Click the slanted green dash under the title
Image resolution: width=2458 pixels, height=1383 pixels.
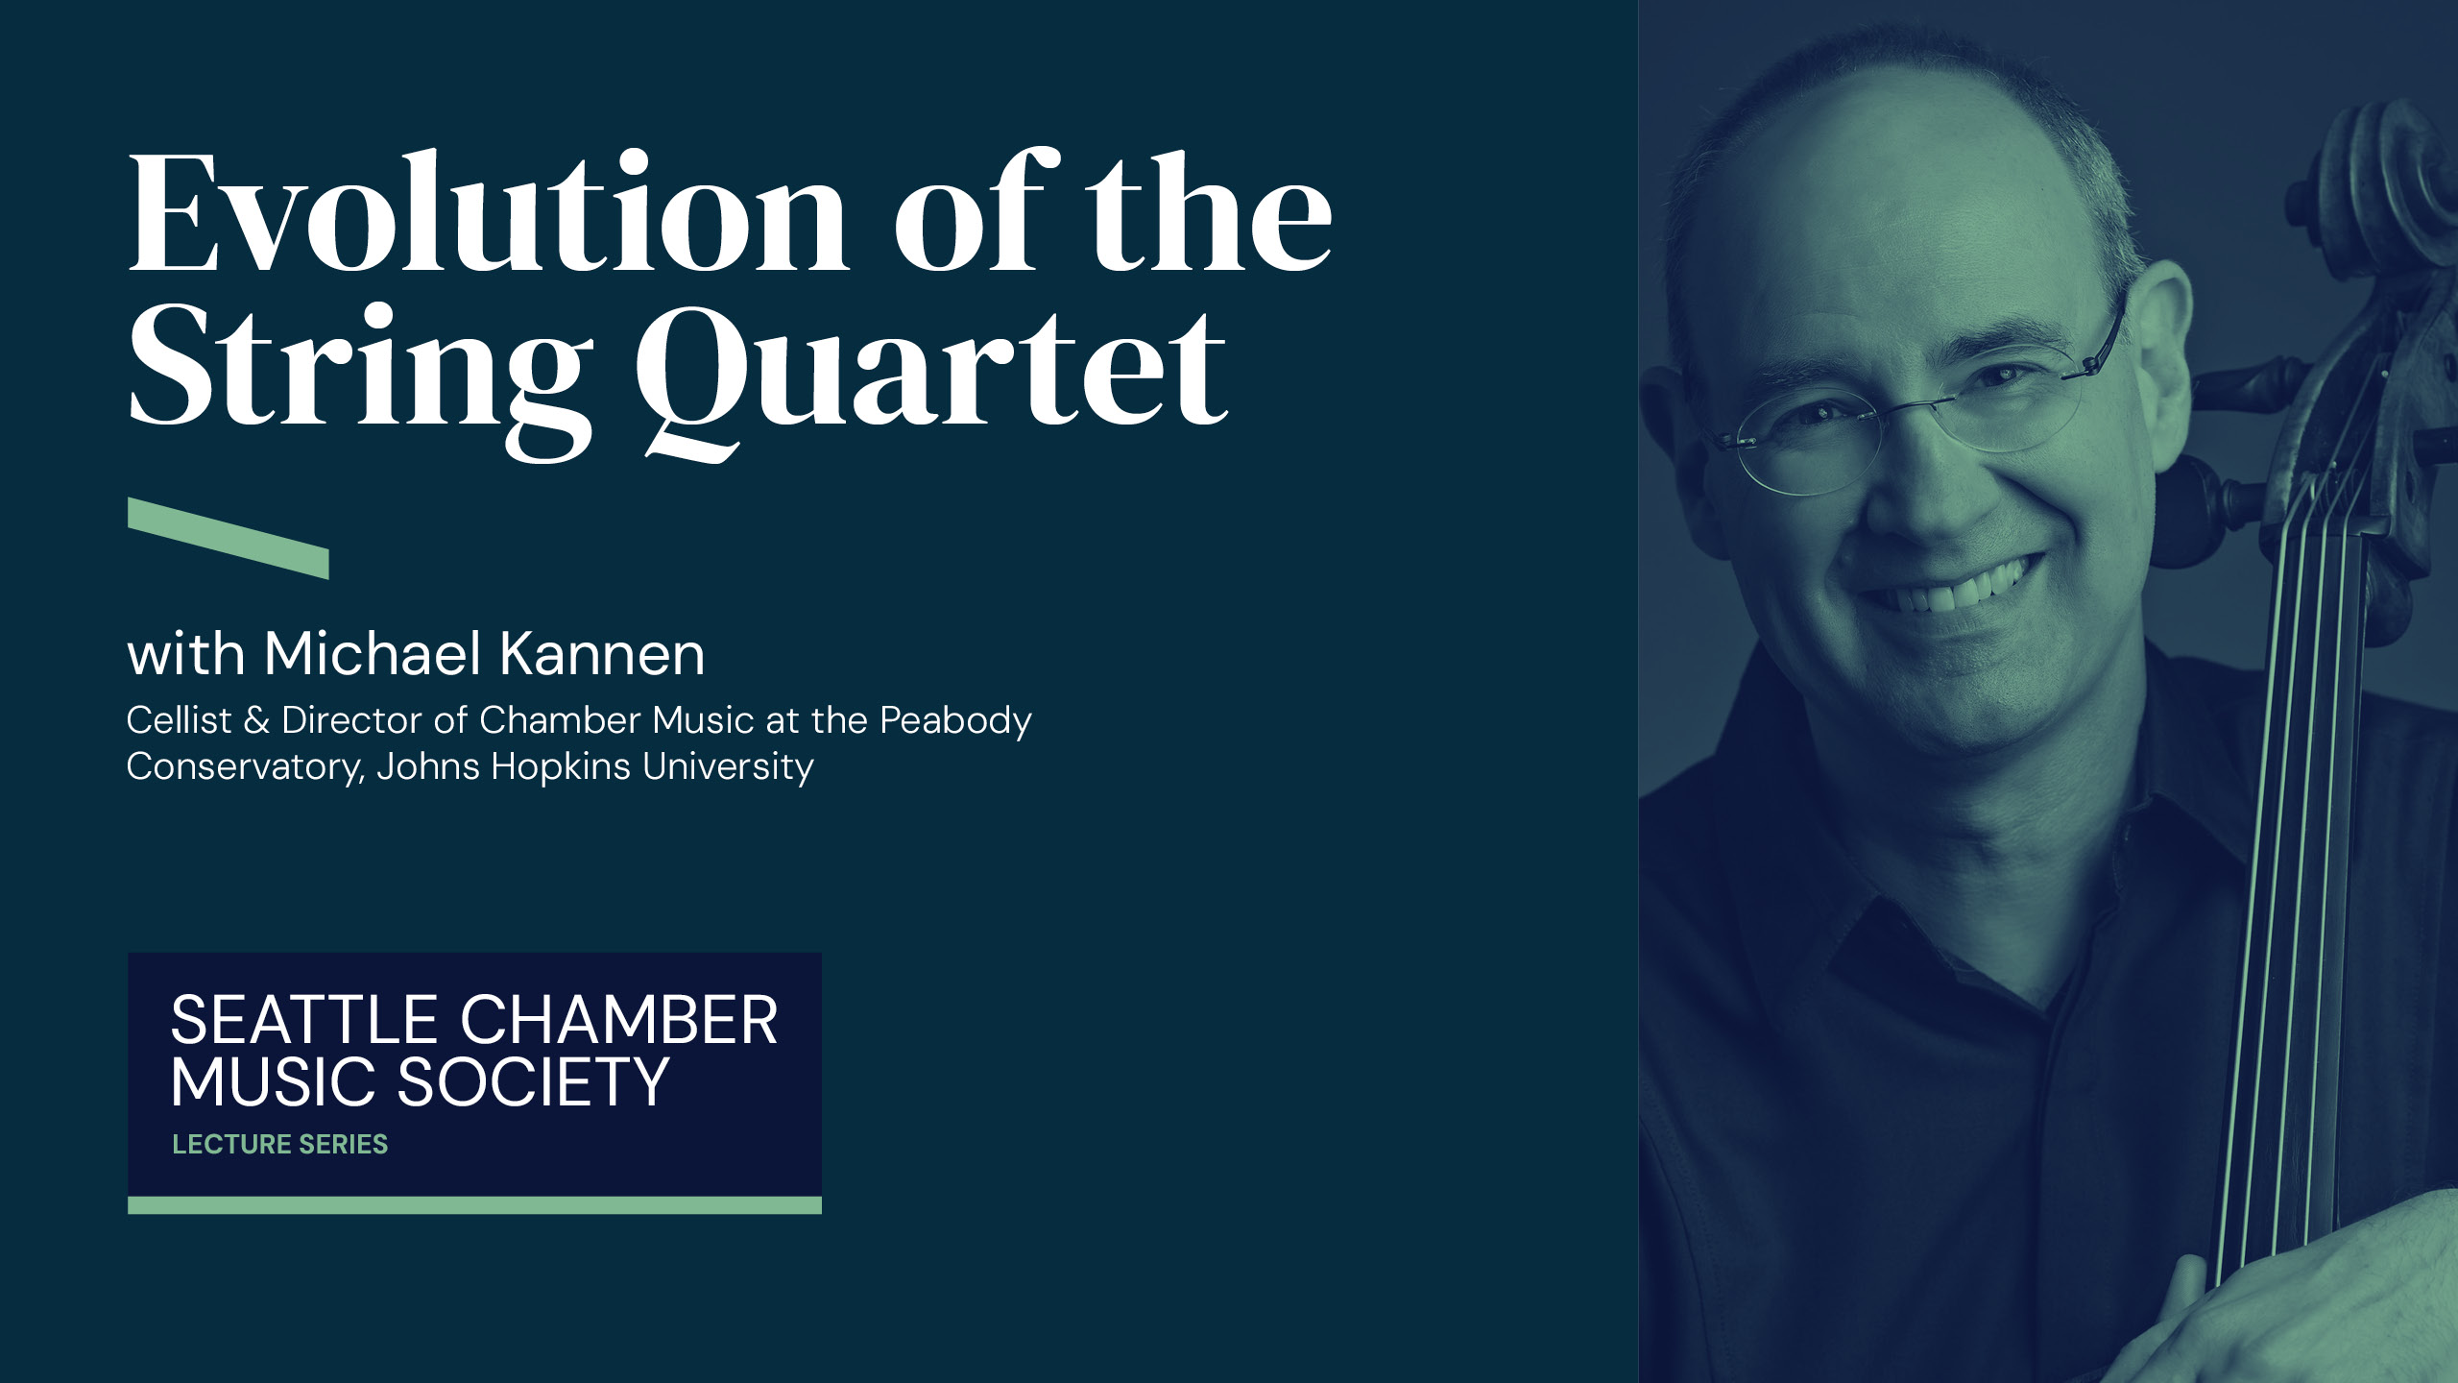(229, 538)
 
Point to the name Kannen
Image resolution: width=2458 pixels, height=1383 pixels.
(602, 655)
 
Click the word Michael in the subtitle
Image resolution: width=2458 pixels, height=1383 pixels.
(373, 655)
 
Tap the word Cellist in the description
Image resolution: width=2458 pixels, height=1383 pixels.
(180, 720)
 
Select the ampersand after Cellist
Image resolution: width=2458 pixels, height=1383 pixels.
(256, 720)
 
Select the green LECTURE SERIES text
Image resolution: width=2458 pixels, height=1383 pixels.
(280, 1144)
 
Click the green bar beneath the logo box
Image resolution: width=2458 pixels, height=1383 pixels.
(474, 1205)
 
